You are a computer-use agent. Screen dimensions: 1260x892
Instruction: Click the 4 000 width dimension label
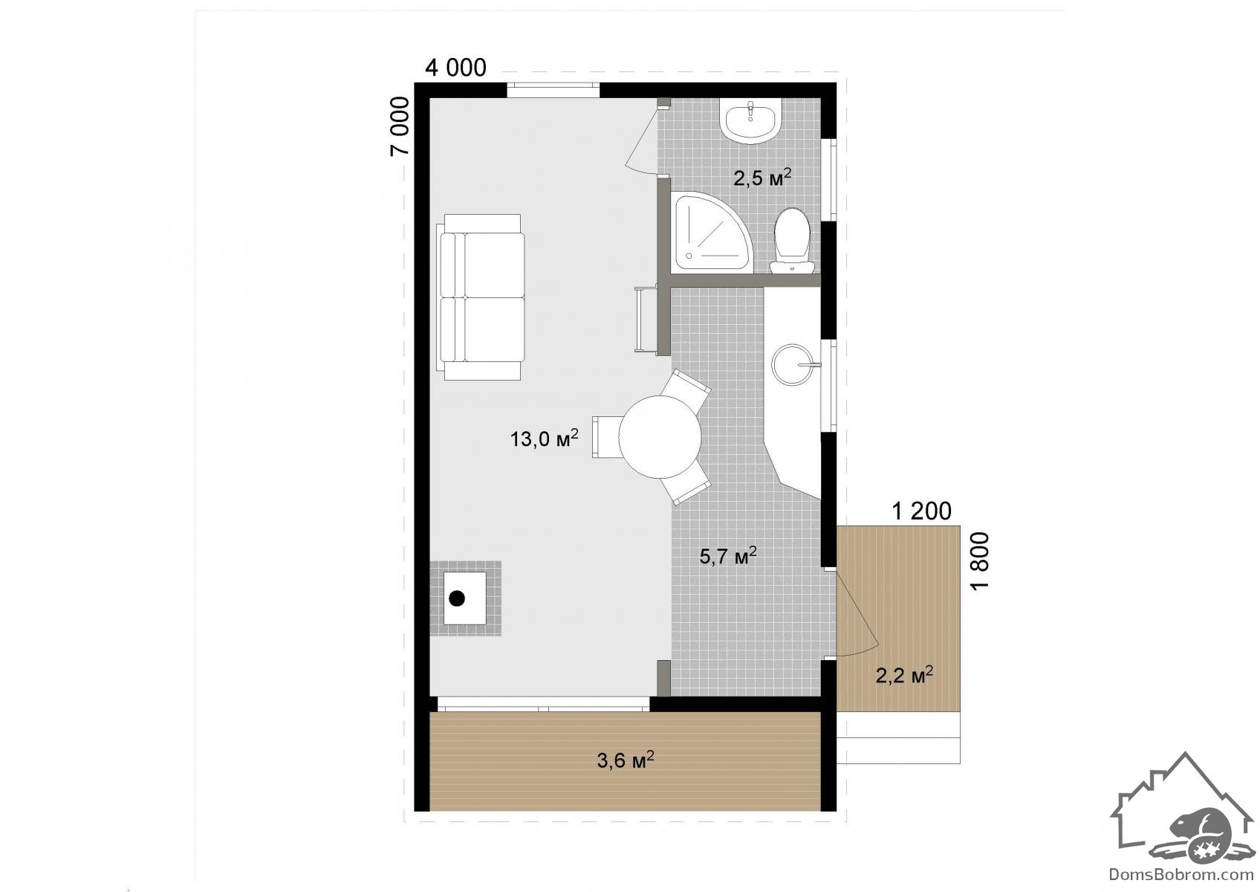coord(455,68)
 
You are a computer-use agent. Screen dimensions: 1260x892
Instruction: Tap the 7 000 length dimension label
coord(400,126)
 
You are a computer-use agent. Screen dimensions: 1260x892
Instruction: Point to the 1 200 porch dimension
coord(922,511)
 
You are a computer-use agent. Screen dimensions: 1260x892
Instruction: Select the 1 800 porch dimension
coord(979,560)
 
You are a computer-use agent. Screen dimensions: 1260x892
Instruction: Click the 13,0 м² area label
coord(544,438)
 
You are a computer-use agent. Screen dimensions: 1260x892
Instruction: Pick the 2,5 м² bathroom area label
coord(762,177)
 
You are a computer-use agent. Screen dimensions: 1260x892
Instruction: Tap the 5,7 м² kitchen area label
coord(728,555)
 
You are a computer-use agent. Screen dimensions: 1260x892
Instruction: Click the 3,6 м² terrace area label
coord(626,760)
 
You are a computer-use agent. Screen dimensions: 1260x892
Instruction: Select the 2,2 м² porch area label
coord(904,675)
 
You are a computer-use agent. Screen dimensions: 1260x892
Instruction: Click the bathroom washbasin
coord(751,120)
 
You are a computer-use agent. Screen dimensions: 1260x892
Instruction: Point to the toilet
coord(792,241)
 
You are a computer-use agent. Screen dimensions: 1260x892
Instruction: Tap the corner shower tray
coord(712,233)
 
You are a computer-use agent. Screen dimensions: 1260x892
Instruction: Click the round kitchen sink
coord(793,365)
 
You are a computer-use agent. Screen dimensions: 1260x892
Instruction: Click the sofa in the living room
coord(481,297)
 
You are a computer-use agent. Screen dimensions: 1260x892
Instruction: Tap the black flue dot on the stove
coord(457,599)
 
